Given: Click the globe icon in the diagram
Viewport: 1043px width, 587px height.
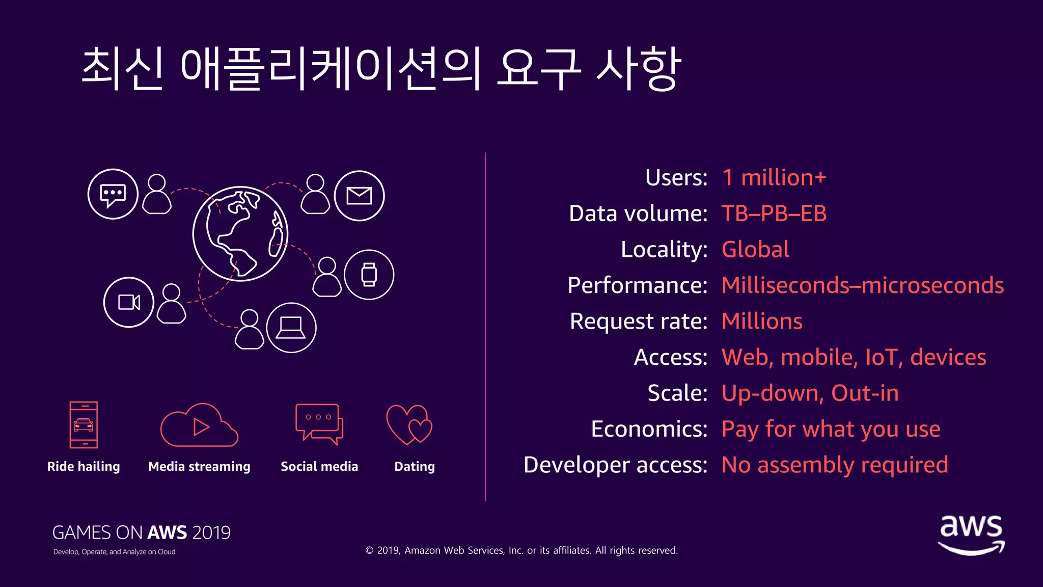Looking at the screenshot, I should tap(240, 234).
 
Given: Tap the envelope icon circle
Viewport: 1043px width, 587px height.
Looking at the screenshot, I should tap(359, 196).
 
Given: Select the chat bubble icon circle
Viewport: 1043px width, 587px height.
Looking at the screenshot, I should tap(113, 194).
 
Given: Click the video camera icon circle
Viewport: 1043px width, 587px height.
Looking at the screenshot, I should tap(129, 302).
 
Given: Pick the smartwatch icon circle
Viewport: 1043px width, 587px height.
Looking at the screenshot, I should tap(369, 275).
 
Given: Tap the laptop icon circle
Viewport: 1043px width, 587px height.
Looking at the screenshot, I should tap(291, 328).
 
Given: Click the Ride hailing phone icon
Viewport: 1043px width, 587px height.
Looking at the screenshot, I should tap(84, 424).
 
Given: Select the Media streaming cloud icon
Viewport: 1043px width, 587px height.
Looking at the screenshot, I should tap(199, 425).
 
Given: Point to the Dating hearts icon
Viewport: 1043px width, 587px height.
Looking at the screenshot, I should tap(409, 424).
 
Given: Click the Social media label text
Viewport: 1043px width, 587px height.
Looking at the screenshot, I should tap(319, 466).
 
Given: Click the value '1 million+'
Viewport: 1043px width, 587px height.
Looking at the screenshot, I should tap(774, 178).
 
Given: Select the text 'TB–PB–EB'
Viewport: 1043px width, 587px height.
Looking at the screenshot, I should tap(774, 214).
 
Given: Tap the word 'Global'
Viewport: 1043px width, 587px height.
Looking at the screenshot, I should tap(755, 250).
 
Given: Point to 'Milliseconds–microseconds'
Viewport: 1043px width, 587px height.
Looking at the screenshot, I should tap(862, 285).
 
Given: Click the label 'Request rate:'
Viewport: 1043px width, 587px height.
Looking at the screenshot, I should tap(638, 322).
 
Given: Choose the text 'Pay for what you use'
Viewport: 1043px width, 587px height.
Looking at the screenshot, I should tap(831, 429).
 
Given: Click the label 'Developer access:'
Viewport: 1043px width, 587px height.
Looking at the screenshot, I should tap(615, 465).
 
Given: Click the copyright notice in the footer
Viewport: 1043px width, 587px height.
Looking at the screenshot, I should tap(521, 550).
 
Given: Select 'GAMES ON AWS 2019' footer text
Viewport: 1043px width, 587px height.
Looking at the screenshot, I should tap(141, 532).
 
